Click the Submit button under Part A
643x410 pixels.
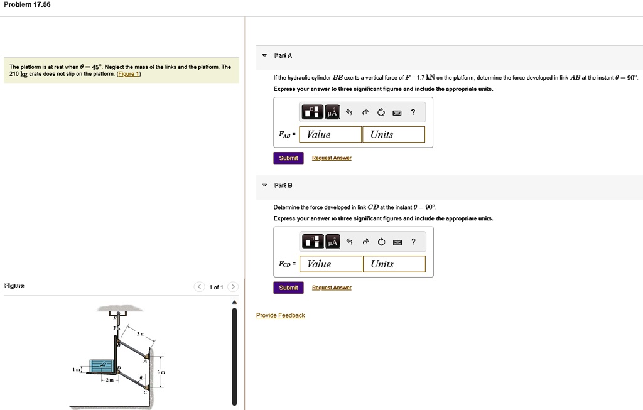coord(288,158)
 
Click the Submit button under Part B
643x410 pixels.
coord(288,288)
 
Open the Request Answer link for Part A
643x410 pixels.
coord(332,158)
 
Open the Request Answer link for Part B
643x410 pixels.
coord(332,288)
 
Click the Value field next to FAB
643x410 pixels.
coord(330,134)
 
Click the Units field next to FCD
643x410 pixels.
coord(394,264)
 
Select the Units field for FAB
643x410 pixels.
coord(393,134)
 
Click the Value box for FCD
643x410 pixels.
coord(331,264)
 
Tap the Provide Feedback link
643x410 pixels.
coord(280,315)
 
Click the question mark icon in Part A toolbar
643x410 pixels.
coord(413,112)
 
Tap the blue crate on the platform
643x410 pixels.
coord(101,365)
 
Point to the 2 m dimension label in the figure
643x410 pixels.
coord(109,380)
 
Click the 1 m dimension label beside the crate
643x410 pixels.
coord(76,370)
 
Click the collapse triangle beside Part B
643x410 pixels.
coord(264,185)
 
